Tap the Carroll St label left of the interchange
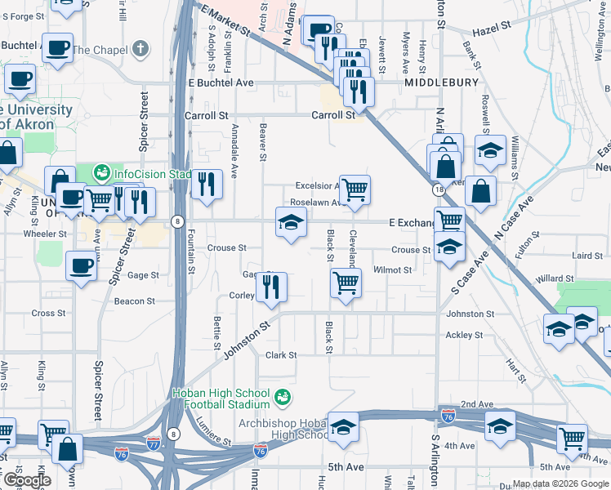tap(205, 116)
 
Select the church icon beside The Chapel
tap(141, 49)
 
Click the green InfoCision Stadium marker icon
tap(102, 173)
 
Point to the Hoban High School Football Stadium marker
tap(283, 398)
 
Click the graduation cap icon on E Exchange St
tap(289, 222)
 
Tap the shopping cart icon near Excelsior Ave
tap(355, 190)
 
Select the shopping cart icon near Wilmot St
tap(346, 283)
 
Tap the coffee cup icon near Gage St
tap(81, 266)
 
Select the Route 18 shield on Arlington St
tap(439, 189)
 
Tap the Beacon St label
tap(135, 301)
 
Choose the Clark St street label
tap(280, 355)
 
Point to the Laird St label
tap(587, 256)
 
